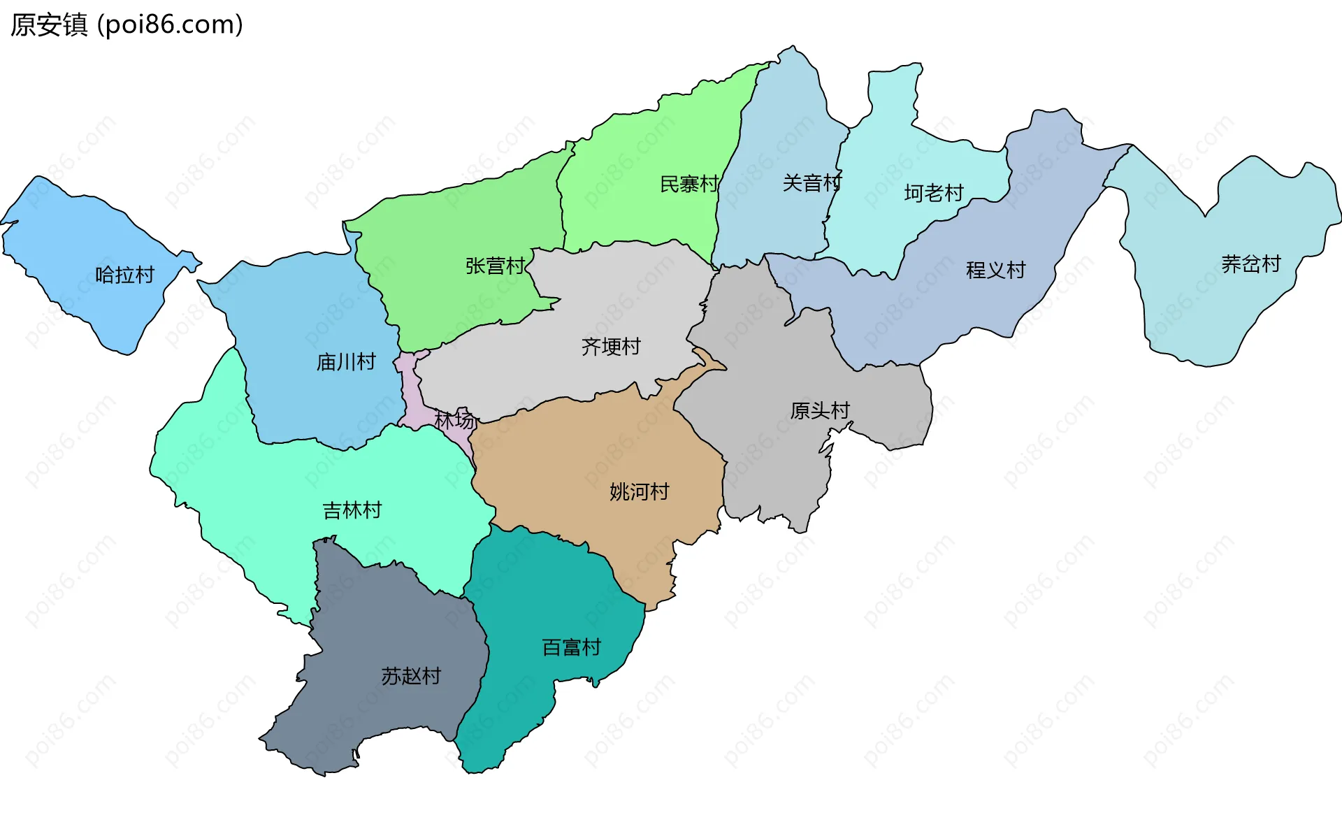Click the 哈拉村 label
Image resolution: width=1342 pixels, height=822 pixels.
coord(124,275)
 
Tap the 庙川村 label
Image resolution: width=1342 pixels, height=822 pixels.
coord(346,361)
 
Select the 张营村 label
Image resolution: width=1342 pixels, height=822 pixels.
coord(495,266)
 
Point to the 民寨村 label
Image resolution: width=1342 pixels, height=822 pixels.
coord(689,184)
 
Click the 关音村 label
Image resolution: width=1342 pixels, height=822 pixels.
coord(811,182)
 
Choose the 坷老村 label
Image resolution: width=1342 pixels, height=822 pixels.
coord(934,192)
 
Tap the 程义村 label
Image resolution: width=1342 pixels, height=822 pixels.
coord(995,269)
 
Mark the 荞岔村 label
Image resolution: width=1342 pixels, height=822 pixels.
coord(1250,264)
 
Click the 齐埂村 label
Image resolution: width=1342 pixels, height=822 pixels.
coord(611,346)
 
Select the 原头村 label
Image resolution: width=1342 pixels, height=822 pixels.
coord(820,410)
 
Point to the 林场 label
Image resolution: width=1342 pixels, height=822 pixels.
coord(454,420)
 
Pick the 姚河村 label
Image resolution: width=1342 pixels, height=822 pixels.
coord(639,491)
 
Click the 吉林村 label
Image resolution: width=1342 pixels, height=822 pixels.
coord(352,510)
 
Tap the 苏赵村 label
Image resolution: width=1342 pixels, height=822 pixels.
coord(411,676)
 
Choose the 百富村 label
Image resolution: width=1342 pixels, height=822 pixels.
coord(572,647)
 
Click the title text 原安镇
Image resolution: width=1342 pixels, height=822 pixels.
coord(49,24)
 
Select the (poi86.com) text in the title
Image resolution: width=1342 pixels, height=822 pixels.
coord(170,24)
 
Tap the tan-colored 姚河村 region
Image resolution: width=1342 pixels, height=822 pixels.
coord(594,447)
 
